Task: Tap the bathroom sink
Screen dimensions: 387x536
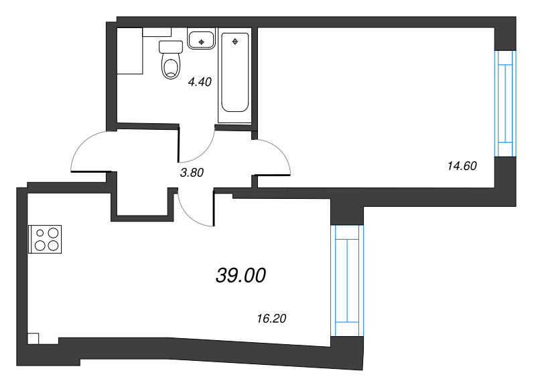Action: point(200,40)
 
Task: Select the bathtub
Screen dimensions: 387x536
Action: point(234,74)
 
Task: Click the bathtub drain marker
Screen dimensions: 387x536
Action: point(234,42)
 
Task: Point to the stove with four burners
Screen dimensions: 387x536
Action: point(45,239)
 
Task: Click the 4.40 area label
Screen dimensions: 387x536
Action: point(200,82)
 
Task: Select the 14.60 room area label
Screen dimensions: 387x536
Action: point(461,166)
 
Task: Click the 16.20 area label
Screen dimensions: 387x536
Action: point(272,319)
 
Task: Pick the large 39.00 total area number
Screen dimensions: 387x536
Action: point(241,275)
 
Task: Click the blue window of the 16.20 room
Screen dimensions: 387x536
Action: point(347,280)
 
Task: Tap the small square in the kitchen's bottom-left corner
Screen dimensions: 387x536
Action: point(33,339)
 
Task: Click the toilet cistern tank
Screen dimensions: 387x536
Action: point(172,47)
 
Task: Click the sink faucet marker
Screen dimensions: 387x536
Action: point(200,42)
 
